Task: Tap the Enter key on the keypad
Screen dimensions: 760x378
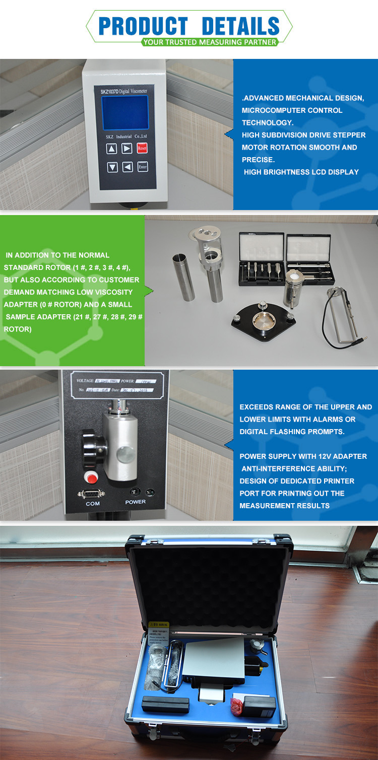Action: (143, 167)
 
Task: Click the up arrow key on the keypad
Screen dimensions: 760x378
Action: (112, 149)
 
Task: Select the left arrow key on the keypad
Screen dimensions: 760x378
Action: (128, 167)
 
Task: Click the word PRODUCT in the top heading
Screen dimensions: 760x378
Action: (143, 26)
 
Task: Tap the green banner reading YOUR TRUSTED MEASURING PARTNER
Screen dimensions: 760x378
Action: (209, 42)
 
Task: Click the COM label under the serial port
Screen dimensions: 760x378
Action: (93, 503)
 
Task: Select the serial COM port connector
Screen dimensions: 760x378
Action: (92, 493)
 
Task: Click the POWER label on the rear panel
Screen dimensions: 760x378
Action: (135, 502)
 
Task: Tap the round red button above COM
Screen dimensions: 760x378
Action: (91, 476)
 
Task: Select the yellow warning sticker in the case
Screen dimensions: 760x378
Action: (160, 632)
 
